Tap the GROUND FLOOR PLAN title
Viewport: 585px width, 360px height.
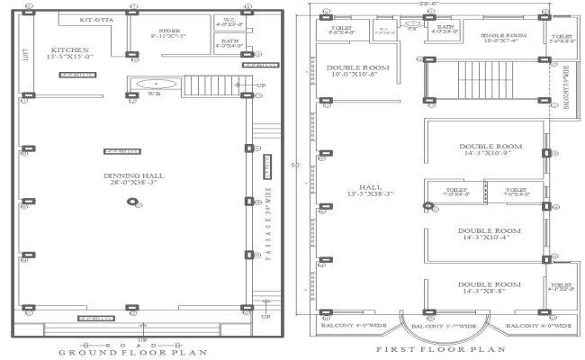click(x=132, y=352)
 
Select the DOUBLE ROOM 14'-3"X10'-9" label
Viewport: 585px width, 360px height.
click(x=490, y=150)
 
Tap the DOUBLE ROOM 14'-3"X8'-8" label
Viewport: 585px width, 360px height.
click(x=490, y=288)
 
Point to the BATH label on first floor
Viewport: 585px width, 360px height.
click(x=445, y=31)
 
